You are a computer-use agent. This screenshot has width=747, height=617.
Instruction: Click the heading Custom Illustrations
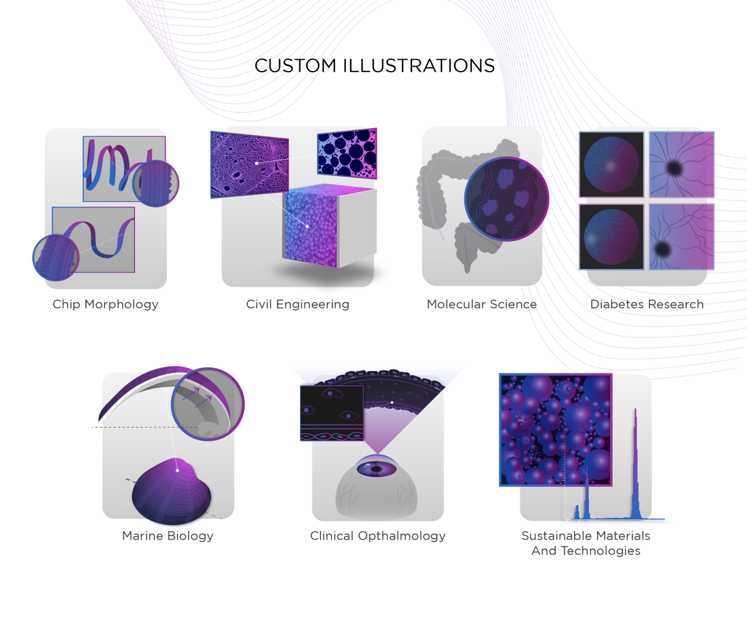coord(375,66)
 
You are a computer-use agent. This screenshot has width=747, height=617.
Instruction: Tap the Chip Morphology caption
coord(106,304)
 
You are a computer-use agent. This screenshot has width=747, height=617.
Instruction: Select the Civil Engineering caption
coord(298,304)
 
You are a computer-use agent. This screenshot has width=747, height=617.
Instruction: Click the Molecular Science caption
coord(482,304)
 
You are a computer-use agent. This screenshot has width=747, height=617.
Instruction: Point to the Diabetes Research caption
coord(647,304)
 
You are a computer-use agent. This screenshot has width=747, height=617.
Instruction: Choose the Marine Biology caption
coord(168,536)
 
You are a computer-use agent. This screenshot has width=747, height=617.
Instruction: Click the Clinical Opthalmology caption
coord(378,536)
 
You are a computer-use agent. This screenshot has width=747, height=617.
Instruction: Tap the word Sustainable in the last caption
coord(557,536)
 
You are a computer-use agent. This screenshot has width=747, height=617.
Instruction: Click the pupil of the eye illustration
coord(377,469)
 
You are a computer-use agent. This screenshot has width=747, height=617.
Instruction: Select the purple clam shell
coord(171,492)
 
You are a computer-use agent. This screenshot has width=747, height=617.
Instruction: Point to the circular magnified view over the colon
coord(507,199)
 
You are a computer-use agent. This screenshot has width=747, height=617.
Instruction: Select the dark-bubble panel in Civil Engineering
coord(347,153)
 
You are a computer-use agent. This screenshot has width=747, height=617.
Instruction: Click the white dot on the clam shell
coord(177,471)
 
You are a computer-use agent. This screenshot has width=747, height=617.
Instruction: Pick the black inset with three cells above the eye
coord(332,413)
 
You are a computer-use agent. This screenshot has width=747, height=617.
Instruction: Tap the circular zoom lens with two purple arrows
coord(208,403)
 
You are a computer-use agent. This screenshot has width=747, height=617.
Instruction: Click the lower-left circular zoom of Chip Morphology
coord(56,257)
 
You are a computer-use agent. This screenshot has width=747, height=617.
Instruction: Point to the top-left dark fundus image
coord(611,164)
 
